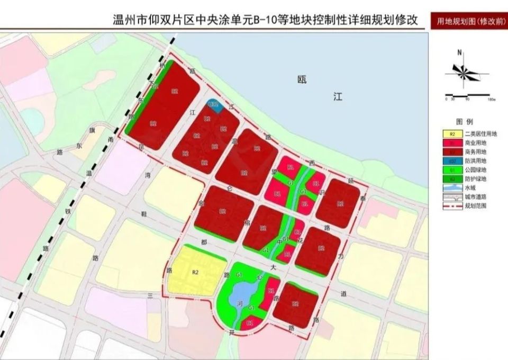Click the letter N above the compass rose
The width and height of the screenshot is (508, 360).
click(460, 52)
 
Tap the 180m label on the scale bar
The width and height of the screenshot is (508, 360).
click(491, 100)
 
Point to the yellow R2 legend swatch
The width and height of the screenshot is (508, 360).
click(451, 134)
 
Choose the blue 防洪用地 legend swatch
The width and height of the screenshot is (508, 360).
click(451, 161)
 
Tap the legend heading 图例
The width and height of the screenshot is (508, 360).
click(461, 121)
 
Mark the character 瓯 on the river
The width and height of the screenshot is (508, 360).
click(302, 80)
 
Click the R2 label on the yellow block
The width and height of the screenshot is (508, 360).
click(195, 272)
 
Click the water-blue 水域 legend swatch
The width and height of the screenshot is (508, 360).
click(451, 188)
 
